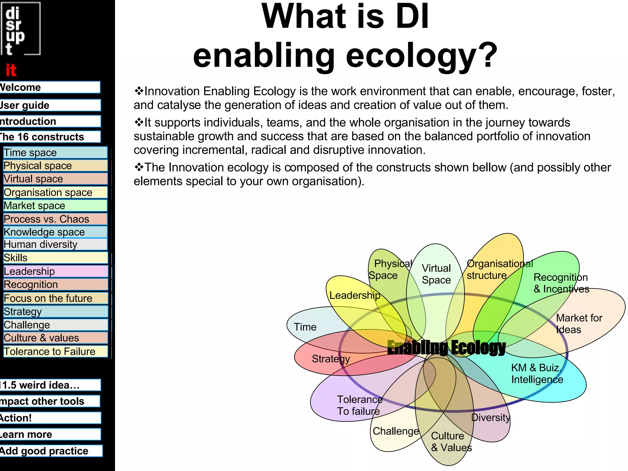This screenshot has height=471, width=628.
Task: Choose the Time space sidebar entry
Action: tap(55, 153)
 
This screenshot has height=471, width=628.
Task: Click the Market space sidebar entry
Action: tap(55, 205)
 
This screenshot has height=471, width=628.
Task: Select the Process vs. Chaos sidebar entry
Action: tap(55, 219)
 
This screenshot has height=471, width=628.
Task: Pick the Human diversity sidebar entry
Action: tap(55, 244)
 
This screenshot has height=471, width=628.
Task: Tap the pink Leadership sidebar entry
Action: tap(55, 271)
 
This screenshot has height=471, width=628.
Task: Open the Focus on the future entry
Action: tap(55, 298)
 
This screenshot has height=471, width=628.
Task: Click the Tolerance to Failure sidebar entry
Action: tap(55, 351)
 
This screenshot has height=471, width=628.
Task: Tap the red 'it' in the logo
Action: tap(11, 70)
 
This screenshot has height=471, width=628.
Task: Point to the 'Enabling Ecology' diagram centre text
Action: tap(446, 347)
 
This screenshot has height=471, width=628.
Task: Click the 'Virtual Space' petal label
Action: tap(436, 274)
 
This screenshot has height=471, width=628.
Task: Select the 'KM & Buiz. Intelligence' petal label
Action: tap(537, 373)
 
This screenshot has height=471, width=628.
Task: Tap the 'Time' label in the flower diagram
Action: tap(305, 327)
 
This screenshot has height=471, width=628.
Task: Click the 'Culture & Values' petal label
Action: tap(451, 442)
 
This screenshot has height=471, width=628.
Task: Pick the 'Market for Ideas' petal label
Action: tap(579, 324)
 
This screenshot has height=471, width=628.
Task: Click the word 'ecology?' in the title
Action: tap(422, 55)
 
